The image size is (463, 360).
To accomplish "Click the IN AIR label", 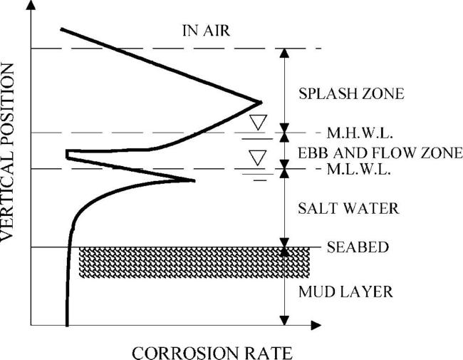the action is point(206,31).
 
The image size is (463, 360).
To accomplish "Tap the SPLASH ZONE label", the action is point(351,93).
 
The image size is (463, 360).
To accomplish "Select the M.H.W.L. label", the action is point(360,133).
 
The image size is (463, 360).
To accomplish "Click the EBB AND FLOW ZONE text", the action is point(380,153).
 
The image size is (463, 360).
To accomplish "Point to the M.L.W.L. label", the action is point(359,170).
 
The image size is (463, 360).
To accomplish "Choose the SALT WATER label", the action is point(348,208).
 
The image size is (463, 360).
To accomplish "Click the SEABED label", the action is point(358,247).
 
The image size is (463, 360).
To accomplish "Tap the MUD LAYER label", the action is point(345,292).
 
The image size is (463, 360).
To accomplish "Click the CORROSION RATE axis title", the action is point(212,353).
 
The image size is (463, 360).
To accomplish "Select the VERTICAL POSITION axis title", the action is point(7,153).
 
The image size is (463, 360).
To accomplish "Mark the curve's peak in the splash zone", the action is point(261,103).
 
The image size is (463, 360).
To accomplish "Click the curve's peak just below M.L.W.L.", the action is point(194,180).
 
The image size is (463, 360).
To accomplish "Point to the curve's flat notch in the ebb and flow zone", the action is point(68,155).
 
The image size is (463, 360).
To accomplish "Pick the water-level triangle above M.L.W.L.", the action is point(257,158).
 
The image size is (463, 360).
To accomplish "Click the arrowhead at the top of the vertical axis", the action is point(31,5).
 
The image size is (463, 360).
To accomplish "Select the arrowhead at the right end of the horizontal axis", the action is point(316,325).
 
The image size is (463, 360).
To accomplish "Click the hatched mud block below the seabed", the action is point(194,262).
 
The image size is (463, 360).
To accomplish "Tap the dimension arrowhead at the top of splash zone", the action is point(284,53).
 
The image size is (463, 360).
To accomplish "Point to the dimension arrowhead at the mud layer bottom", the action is point(284,321).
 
